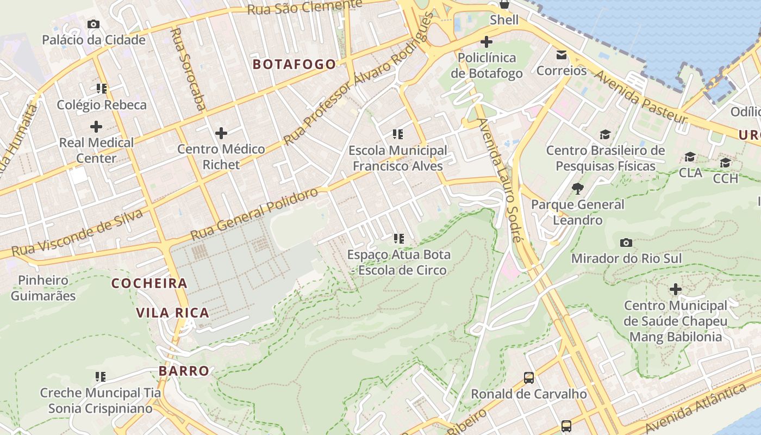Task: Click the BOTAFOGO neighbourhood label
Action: pos(294,64)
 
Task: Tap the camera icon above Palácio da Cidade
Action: pos(93,24)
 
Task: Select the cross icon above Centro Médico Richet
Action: pos(221,133)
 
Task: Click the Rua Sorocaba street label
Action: pos(188,69)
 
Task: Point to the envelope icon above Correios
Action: pos(562,55)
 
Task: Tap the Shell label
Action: pos(504,20)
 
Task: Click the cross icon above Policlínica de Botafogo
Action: pos(486,41)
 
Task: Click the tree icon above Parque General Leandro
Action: pos(577,189)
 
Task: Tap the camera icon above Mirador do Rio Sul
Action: pos(626,243)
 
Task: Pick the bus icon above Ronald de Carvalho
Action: pos(528,377)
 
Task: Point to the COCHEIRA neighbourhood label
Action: pos(149,283)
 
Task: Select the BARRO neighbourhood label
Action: pos(184,371)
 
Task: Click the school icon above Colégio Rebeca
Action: pos(101,88)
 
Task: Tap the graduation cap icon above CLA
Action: pos(690,157)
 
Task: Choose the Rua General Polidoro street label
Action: pos(254,214)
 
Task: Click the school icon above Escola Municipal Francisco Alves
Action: pos(398,134)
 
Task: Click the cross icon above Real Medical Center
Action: pos(96,127)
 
